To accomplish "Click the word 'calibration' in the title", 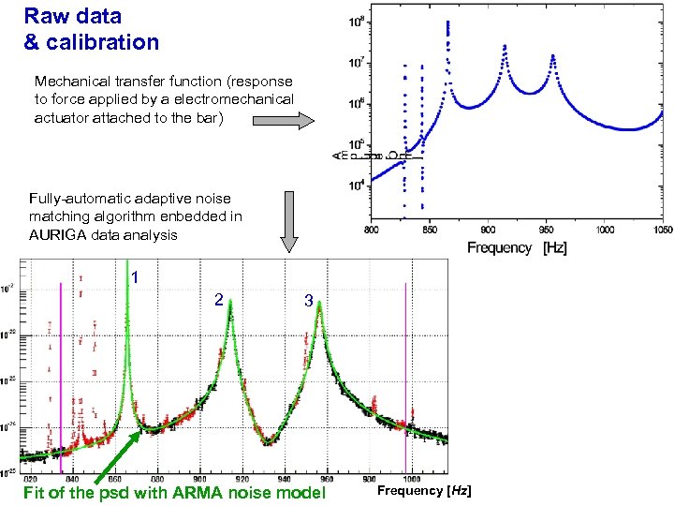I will coord(104,42).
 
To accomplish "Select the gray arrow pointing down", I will coord(289,221).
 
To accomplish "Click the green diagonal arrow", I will coord(117,458).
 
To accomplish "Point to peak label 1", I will coord(136,277).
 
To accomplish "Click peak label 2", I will coord(218,299).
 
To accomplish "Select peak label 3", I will coord(308,302).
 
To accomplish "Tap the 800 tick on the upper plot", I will coord(371,229).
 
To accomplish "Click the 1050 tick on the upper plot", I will coord(664,229).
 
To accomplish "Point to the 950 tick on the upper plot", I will coord(547,229).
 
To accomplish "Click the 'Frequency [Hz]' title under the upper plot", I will coord(516,247).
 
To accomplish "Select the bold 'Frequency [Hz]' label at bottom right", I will coord(424,491).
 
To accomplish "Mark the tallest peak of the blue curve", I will coord(447,23).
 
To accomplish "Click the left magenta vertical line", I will coord(61,375).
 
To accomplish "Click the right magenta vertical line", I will coord(405,375).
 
